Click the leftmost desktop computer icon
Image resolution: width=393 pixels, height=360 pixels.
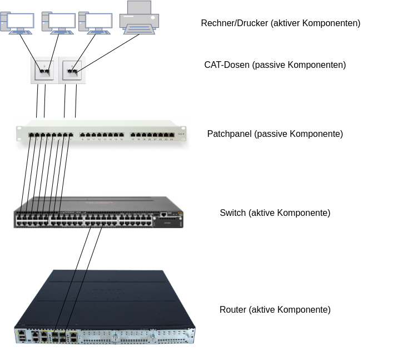pyautogui.click(x=17, y=22)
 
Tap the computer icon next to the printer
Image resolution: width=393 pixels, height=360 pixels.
pyautogui.click(x=95, y=22)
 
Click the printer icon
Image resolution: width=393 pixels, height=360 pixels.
pyautogui.click(x=140, y=18)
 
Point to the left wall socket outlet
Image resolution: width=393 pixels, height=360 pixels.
pyautogui.click(x=43, y=71)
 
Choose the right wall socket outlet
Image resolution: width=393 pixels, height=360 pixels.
pyautogui.click(x=73, y=71)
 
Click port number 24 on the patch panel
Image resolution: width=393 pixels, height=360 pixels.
pyautogui.click(x=172, y=135)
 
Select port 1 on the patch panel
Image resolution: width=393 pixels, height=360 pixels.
pyautogui.click(x=32, y=135)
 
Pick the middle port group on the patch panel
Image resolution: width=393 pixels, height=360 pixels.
pyautogui.click(x=102, y=135)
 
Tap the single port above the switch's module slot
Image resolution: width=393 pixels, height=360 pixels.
pyautogui.click(x=163, y=214)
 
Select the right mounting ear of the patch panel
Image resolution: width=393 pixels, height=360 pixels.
pyautogui.click(x=186, y=134)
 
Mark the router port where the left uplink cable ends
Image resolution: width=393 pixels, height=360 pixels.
pyautogui.click(x=55, y=332)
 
